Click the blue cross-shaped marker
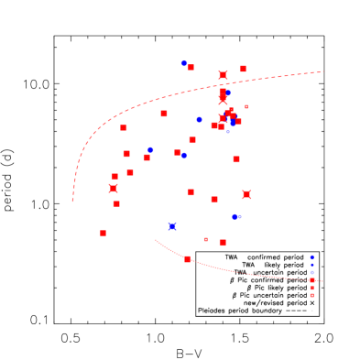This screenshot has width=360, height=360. tap(172, 226)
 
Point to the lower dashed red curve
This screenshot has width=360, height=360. tap(238, 271)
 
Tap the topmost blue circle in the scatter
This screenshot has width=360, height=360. tap(184, 63)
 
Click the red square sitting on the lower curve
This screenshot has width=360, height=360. tap(187, 259)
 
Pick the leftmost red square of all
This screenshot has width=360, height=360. tap(103, 233)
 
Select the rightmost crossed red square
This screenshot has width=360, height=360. tap(246, 194)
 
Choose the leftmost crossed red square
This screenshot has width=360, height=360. tap(114, 189)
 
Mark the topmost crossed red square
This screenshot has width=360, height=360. tap(223, 75)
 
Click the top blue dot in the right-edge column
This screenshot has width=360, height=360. tap(312, 257)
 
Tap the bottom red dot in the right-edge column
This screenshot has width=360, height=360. tap(312, 295)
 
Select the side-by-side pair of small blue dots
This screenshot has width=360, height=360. tap(236, 216)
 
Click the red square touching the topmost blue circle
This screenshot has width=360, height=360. tap(191, 67)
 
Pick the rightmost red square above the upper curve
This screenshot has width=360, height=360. tap(243, 69)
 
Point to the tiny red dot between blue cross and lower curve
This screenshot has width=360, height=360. tap(205, 239)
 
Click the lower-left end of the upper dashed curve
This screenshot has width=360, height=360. tap(72, 200)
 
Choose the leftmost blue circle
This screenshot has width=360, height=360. tap(150, 149)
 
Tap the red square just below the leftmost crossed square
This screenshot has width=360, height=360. tap(116, 203)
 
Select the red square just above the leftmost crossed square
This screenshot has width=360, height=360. tap(115, 176)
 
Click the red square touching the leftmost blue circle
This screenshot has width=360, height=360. tap(146, 158)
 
